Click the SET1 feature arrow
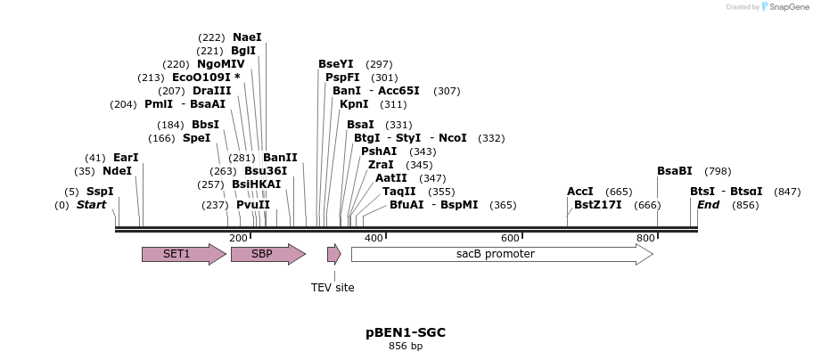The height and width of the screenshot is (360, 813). coord(185,254)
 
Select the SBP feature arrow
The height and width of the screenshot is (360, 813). coord(268,254)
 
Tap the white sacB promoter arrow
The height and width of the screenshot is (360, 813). coord(503,254)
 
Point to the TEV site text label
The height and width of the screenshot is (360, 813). coord(333,288)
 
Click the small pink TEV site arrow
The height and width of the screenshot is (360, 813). coord(334,254)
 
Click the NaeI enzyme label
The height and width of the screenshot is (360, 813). coord(247,37)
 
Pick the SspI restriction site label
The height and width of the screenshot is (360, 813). coord(100,192)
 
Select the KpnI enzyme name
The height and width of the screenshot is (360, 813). coord(354,104)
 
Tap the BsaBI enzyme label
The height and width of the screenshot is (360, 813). coord(676,171)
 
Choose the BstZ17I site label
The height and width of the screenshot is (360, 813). coord(598,205)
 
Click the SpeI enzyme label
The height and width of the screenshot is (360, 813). coord(197,138)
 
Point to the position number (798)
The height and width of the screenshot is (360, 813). coord(718,171)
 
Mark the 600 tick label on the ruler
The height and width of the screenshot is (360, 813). coord(510,238)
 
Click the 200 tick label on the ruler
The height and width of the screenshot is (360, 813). coord(238,238)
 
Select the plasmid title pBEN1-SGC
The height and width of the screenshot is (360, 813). coord(406,332)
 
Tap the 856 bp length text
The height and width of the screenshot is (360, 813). coord(406,346)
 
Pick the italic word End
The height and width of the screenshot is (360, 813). coord(709,205)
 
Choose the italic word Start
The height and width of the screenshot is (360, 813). coord(92,205)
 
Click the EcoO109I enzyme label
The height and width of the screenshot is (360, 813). coord(201,78)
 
